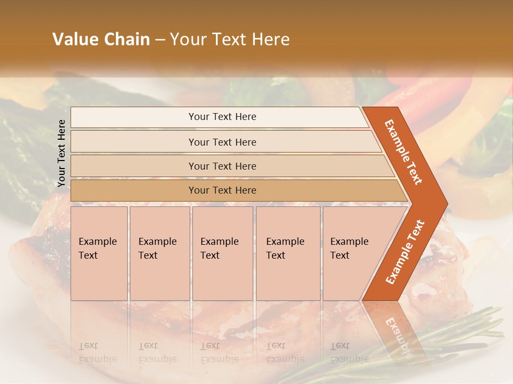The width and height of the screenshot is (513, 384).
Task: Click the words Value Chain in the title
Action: tap(101, 39)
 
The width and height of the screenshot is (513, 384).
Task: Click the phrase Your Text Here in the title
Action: tap(230, 39)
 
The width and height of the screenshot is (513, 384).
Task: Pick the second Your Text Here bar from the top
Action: tap(222, 142)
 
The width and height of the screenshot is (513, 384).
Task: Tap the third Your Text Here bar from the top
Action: tap(222, 166)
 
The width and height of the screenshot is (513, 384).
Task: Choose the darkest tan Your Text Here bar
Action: tap(222, 190)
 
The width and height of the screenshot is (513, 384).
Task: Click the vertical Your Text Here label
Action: tap(61, 154)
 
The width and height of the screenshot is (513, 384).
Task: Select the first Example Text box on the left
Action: tap(99, 253)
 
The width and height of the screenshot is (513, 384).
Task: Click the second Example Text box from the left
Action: tap(159, 253)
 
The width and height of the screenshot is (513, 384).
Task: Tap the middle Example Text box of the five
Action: tap(222, 253)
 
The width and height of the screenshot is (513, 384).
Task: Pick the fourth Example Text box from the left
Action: tap(287, 253)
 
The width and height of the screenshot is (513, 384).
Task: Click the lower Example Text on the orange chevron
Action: tap(406, 252)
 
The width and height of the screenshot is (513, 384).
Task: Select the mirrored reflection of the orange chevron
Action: tap(395, 331)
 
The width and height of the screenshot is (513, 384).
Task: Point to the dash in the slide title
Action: tap(160, 40)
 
